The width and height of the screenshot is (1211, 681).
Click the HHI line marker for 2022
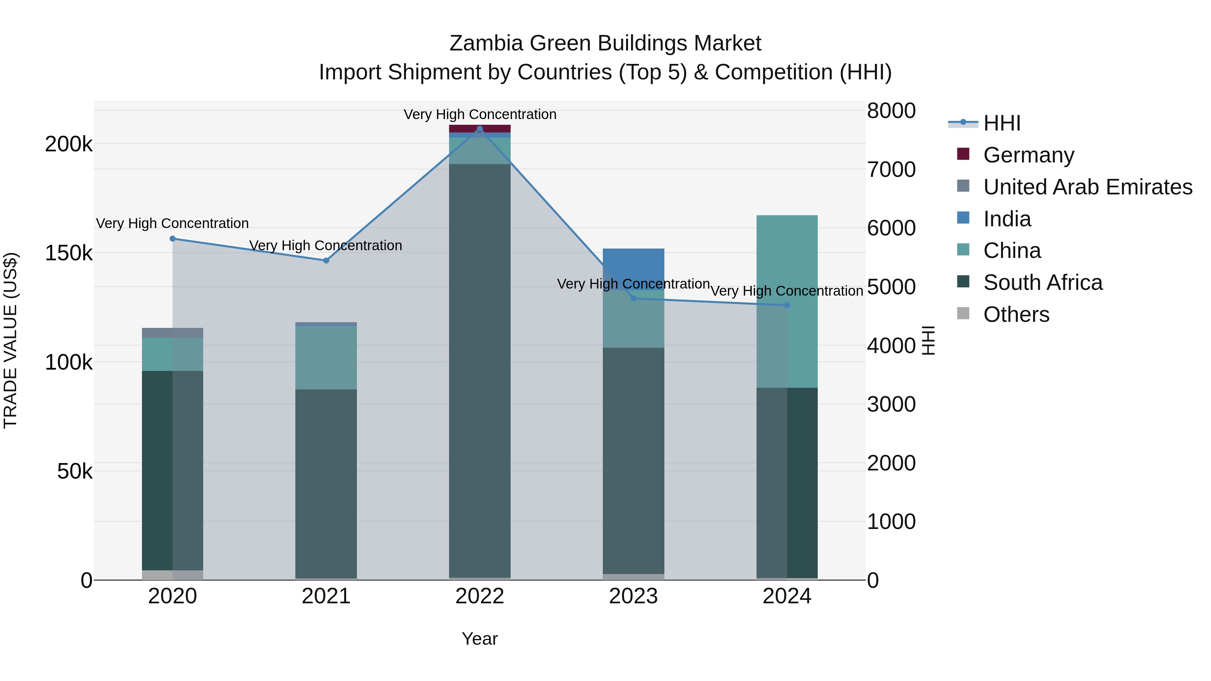point(479,129)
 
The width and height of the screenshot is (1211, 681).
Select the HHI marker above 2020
point(173,239)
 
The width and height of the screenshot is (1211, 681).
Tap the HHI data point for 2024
point(787,305)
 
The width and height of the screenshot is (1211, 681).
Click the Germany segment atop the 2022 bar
point(479,128)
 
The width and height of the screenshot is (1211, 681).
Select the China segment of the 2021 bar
point(326,357)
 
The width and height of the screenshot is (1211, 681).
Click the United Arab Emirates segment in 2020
point(173,333)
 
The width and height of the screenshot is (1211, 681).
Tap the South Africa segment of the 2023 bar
point(633,461)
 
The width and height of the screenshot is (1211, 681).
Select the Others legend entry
point(1016,314)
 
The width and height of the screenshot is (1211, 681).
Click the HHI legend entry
point(1001,123)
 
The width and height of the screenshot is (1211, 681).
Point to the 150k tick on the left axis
point(69,253)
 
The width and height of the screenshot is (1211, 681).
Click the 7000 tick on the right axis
point(891,170)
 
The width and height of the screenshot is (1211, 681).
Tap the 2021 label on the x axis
point(326,596)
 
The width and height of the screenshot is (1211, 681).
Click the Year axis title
point(479,639)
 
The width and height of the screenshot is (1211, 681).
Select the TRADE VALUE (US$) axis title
point(10,341)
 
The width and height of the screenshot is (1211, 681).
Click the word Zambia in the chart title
point(486,43)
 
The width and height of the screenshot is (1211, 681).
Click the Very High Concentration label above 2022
point(479,114)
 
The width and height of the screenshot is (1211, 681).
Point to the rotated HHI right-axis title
point(928,341)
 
